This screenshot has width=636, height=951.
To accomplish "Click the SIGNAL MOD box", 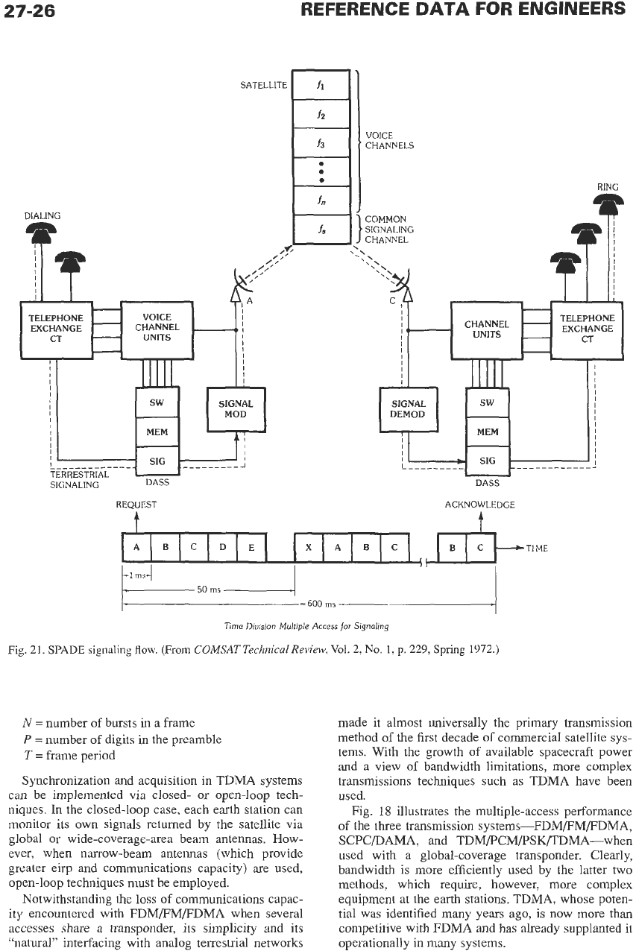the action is point(236,409).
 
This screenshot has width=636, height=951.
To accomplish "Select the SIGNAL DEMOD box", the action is point(409,409).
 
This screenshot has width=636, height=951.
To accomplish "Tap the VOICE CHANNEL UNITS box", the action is point(157,330).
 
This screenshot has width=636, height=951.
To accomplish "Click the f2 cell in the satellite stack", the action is point(321,114).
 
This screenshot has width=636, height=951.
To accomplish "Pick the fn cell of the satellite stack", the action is point(321,200).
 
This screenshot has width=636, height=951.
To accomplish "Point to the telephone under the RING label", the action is point(608,203).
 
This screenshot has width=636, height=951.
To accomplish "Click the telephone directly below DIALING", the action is point(41,233).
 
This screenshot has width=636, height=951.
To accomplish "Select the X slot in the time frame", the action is point(309,548).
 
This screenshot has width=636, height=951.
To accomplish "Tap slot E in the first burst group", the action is point(251,548).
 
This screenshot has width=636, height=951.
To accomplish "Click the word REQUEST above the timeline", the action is point(136,505).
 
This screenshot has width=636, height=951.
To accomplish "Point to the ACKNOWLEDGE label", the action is point(479,505).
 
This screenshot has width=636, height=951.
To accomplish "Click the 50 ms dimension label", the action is point(209,590).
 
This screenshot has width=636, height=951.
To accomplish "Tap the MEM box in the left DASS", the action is point(157,432).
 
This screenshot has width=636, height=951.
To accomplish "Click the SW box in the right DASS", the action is point(488,402).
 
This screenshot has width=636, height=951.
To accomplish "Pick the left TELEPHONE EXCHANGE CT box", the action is point(56,330).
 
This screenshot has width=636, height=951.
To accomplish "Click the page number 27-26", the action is point(29,11).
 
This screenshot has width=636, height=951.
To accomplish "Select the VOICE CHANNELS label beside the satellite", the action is point(389,141).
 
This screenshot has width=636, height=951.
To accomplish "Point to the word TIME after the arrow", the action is point(537,549).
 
